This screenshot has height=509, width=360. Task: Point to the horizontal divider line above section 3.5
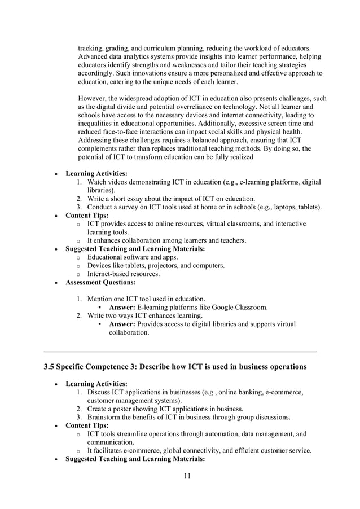point(180,352)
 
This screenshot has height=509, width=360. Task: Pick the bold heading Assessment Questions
point(100,282)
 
